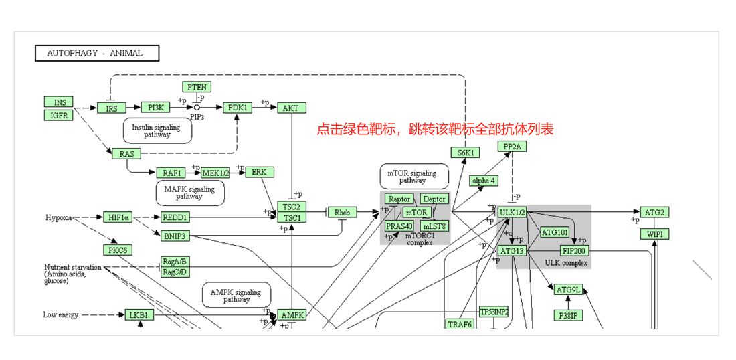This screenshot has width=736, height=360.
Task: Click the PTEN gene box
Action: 197,87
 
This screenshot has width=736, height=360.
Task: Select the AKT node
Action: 292,108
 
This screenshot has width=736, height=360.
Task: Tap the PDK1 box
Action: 238,108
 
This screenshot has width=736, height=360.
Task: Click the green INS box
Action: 60,102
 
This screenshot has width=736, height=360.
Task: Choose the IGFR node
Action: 60,115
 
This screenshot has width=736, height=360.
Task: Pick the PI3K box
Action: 155,108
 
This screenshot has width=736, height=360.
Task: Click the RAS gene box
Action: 126,154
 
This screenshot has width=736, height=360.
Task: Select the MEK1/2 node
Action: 215,173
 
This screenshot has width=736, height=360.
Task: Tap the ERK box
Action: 259,172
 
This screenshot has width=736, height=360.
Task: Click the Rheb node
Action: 342,213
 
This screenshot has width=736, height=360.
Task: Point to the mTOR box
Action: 416,213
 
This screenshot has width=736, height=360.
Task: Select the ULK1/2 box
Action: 512,213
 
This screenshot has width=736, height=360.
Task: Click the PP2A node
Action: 513,147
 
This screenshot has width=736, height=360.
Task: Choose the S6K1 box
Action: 465,153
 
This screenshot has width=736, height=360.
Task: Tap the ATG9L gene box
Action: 569,290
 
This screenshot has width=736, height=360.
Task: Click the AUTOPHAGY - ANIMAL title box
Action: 97,53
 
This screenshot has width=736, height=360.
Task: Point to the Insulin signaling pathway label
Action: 157,131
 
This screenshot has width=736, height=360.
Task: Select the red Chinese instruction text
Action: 435,129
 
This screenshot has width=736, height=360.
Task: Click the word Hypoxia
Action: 59,217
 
